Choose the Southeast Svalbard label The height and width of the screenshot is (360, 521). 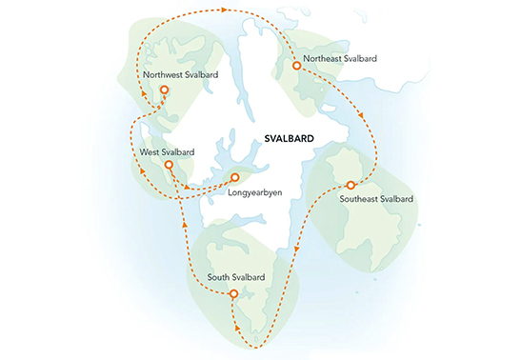point(376,199)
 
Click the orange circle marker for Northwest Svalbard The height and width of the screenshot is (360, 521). point(165,90)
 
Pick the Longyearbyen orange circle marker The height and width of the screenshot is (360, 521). point(234,177)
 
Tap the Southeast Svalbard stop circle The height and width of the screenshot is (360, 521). point(351,184)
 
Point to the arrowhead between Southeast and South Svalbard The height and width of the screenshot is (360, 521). point(296,250)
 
